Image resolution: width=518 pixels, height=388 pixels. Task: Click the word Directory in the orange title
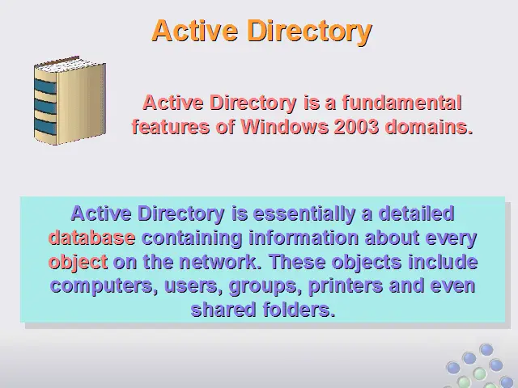click(x=309, y=32)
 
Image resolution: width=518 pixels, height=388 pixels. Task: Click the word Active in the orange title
click(x=195, y=31)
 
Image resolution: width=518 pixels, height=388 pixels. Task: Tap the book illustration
click(x=70, y=100)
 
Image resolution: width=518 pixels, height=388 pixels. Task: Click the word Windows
click(x=284, y=126)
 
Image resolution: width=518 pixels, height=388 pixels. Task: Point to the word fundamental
click(x=401, y=103)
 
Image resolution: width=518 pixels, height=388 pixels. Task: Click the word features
click(x=171, y=126)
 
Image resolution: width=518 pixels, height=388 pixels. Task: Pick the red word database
click(x=91, y=238)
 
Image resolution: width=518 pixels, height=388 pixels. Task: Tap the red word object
click(x=78, y=263)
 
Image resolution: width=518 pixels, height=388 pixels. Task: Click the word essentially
click(x=304, y=214)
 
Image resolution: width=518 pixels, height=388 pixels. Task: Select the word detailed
click(x=416, y=213)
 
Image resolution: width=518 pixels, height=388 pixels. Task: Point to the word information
click(x=304, y=238)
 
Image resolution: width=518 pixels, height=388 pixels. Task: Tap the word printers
click(x=346, y=286)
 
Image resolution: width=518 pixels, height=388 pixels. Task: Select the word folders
click(x=299, y=310)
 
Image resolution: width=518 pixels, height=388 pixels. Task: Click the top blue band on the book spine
click(x=45, y=86)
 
